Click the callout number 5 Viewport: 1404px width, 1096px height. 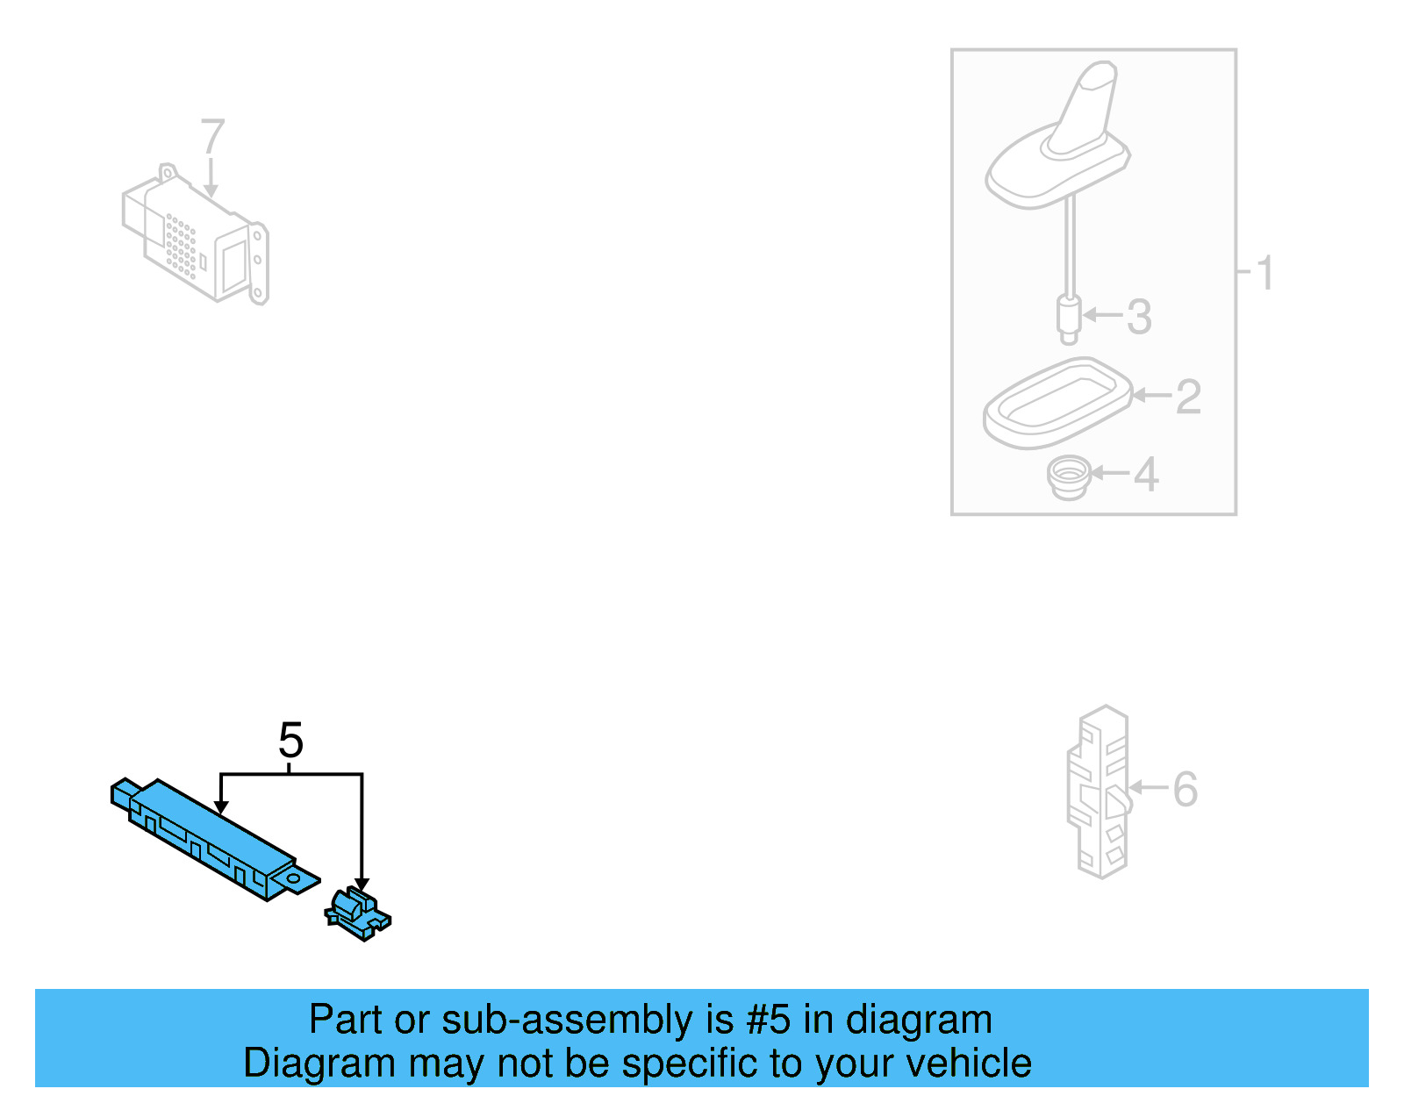[290, 741]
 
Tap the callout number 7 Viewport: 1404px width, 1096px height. [212, 137]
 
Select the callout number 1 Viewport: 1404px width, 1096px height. [1264, 273]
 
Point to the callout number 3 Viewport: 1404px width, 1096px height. [1138, 317]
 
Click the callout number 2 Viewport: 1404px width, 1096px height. [1187, 397]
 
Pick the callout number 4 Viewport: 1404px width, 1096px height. [1146, 475]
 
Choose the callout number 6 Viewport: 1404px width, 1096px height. [1185, 789]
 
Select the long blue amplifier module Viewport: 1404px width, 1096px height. [211, 834]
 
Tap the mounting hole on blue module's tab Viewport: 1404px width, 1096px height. [293, 877]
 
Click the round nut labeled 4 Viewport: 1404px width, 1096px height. [1068, 477]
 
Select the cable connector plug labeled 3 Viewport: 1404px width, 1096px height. [1068, 319]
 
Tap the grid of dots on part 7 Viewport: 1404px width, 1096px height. [180, 245]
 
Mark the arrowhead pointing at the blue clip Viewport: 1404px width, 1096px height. [362, 885]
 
